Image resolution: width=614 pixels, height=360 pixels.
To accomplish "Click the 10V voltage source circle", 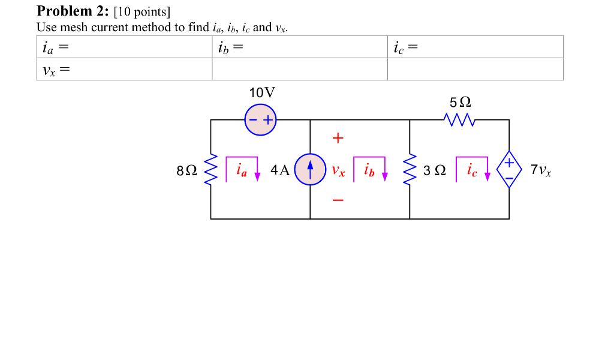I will click(260, 120).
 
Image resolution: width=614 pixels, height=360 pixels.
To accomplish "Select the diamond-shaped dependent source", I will click(509, 169).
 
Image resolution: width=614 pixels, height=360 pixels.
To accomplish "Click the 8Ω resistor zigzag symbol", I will click(210, 170).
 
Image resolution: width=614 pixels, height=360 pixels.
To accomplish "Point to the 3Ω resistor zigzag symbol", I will click(410, 170).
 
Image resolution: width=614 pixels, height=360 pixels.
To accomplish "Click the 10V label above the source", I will click(262, 93).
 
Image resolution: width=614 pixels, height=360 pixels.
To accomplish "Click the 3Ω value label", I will click(434, 170).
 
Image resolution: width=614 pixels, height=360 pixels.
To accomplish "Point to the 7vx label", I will click(541, 170).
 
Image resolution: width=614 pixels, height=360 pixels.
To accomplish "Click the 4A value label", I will click(280, 170).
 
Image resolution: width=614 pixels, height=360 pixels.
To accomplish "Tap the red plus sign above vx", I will click(338, 139).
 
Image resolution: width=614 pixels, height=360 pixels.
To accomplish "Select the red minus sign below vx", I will click(338, 200).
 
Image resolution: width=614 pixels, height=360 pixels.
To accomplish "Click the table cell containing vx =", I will click(124, 69).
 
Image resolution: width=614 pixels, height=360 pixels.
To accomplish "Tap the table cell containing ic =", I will click(475, 47).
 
